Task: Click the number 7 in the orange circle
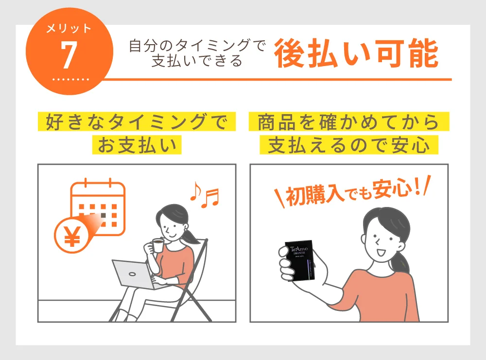click(x=69, y=55)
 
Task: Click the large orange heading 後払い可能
click(x=356, y=54)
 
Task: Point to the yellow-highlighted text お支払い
click(x=137, y=145)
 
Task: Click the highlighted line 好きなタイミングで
click(x=137, y=122)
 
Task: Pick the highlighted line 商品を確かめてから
click(x=349, y=122)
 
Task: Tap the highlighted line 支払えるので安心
click(x=349, y=145)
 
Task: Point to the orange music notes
click(x=204, y=195)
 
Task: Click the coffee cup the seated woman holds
click(x=158, y=246)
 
